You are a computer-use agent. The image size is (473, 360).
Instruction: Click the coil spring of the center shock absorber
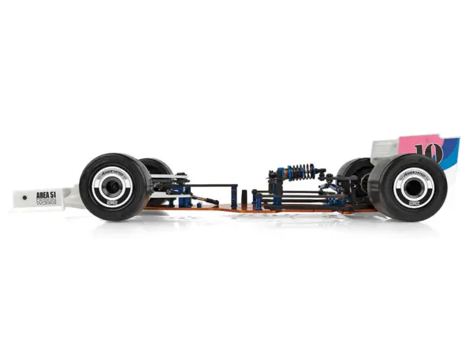pos(300,171)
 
